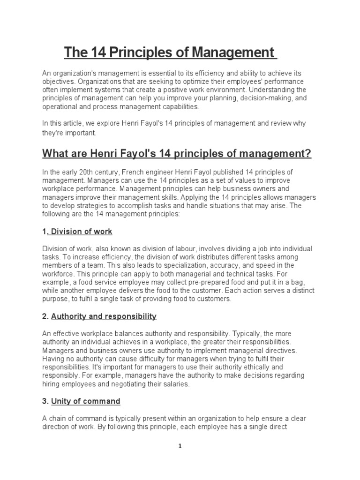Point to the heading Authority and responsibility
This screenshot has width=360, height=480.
point(104,316)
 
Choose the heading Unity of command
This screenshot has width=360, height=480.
point(86,401)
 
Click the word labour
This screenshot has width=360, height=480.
point(209,248)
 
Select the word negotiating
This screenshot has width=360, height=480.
point(120,384)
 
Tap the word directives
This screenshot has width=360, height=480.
point(275,350)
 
